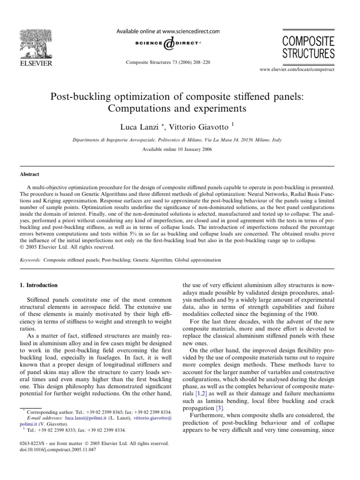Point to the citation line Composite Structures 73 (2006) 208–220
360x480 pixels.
167,62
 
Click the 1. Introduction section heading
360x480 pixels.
42,285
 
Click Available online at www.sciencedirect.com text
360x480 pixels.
167,31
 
